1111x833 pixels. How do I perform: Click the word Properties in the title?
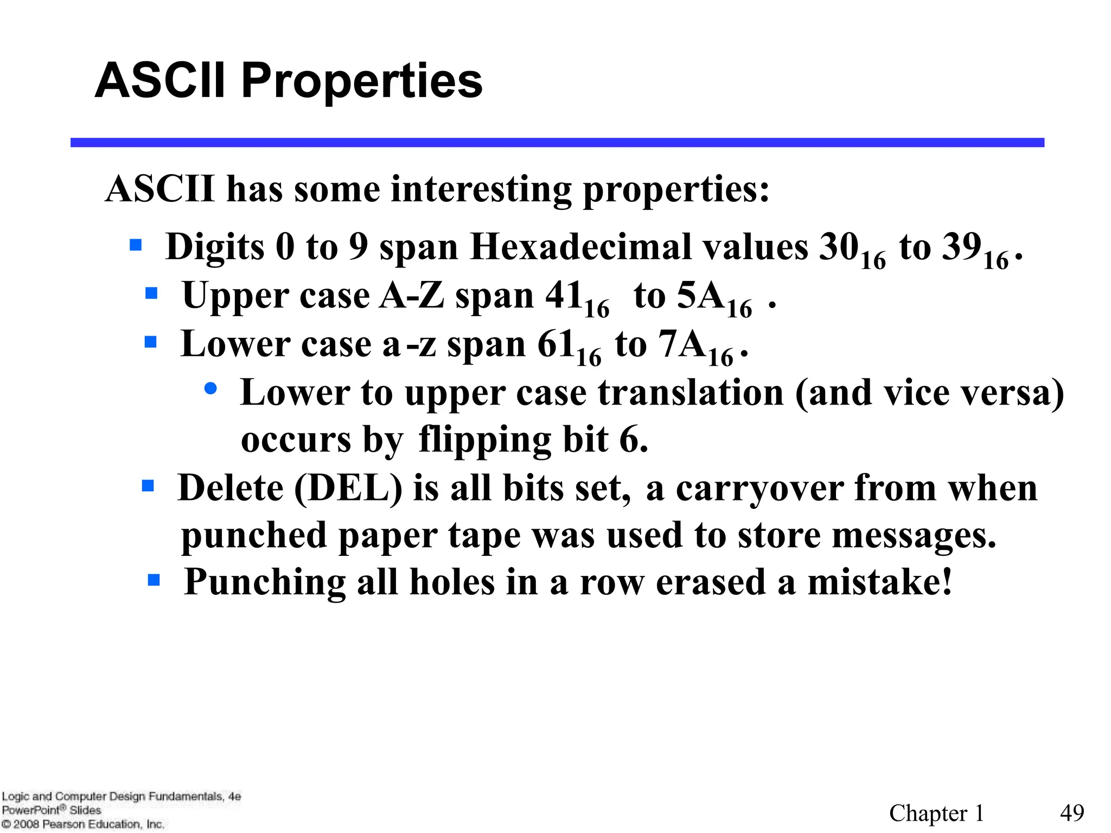pos(361,81)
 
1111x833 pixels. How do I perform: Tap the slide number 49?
pos(1072,813)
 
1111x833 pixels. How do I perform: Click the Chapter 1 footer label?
pos(936,813)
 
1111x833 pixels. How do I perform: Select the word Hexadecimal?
pos(585,247)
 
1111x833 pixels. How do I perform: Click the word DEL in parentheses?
pos(348,488)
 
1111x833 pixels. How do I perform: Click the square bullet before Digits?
pos(136,245)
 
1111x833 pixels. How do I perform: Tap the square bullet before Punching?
pos(154,581)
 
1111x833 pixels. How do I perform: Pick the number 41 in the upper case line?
pos(564,296)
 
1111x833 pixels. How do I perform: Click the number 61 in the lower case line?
pos(556,344)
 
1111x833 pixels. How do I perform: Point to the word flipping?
pos(484,439)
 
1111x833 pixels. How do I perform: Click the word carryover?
pos(759,488)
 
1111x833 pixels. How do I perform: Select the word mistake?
pos(879,582)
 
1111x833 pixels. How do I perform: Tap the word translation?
pos(691,393)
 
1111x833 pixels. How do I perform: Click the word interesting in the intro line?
pos(481,190)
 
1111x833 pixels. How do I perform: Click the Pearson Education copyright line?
pos(82,824)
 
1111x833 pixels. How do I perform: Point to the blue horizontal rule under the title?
pos(557,143)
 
